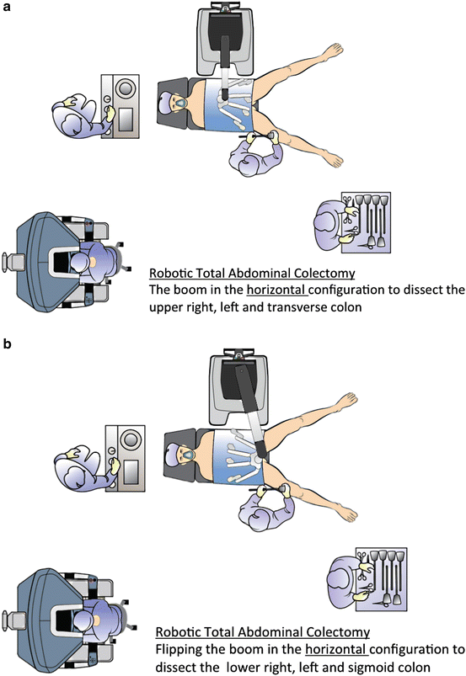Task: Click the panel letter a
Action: pos(6,7)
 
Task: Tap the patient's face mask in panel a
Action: pos(180,104)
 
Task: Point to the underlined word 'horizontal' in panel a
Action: pos(276,290)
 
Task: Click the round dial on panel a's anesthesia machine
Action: pos(125,88)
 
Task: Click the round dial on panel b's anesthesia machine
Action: pos(131,439)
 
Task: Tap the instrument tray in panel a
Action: pos(366,222)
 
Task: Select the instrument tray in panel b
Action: pos(382,579)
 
